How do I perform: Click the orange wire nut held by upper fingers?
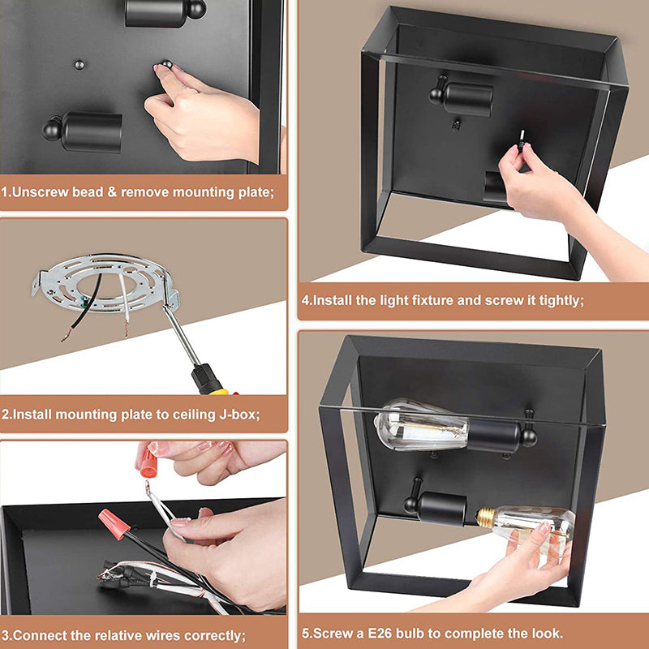click(148, 462)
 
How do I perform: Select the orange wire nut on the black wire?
click(114, 524)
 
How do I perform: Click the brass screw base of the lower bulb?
click(486, 518)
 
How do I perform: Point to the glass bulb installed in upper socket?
click(421, 424)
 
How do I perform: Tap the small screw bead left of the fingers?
click(79, 65)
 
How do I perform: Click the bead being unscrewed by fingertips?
click(166, 64)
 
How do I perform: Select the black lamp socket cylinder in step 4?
click(468, 99)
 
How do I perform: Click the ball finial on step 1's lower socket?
click(52, 128)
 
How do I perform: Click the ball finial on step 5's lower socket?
click(412, 504)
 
